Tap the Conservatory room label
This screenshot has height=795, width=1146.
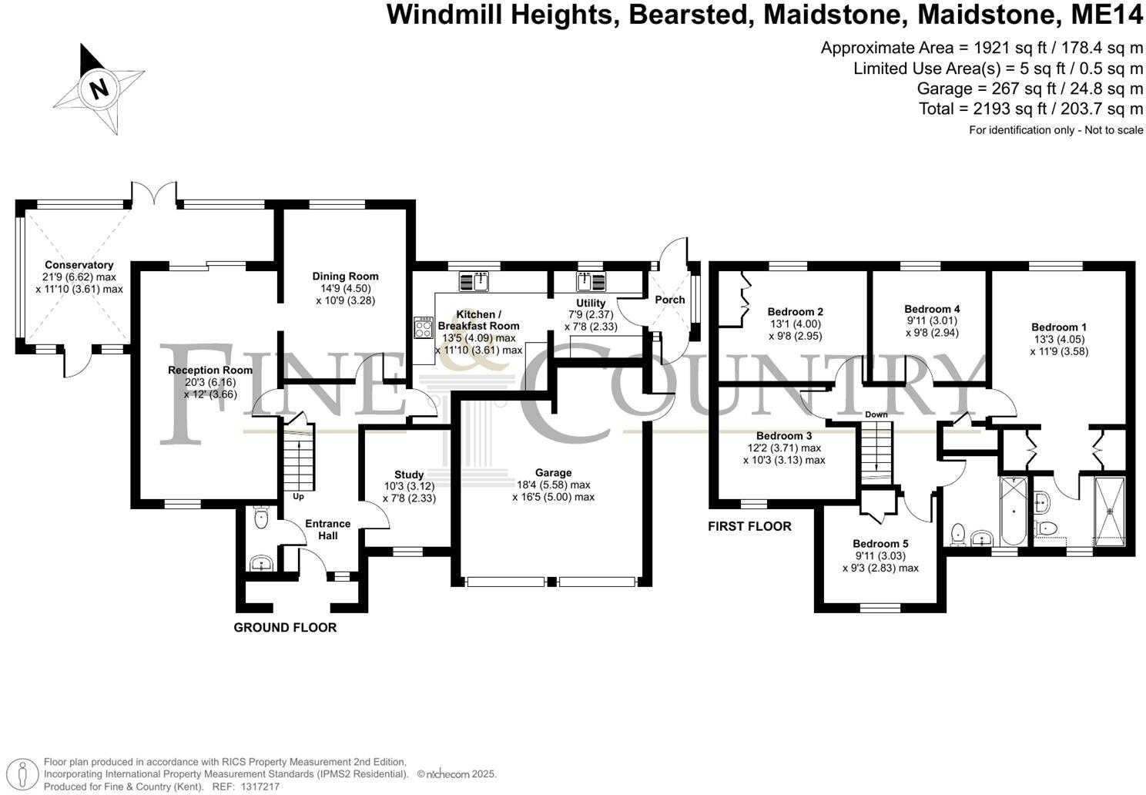[x=79, y=265]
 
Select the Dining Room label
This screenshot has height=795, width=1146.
[x=345, y=277]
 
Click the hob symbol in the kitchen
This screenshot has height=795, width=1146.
[x=424, y=328]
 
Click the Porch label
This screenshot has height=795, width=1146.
[x=669, y=300]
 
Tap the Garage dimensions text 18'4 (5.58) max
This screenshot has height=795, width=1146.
[x=554, y=485]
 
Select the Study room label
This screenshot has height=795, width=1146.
[x=409, y=475]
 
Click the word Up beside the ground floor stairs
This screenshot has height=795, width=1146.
[x=298, y=497]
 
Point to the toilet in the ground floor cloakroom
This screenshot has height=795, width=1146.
[x=260, y=517]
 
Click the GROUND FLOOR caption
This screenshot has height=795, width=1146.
[x=285, y=628]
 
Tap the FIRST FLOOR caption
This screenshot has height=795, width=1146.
[x=749, y=527]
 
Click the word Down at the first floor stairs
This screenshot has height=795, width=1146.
[x=876, y=414]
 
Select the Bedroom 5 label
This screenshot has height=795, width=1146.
[x=880, y=543]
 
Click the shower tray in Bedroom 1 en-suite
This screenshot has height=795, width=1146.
[x=1109, y=509]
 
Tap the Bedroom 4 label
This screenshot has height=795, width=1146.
[x=932, y=309]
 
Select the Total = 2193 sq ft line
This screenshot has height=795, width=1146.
[x=1030, y=109]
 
